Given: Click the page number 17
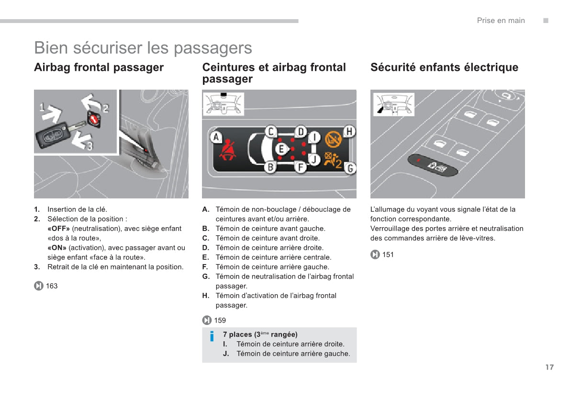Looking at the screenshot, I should point(549,367).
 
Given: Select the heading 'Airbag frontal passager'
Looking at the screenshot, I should point(99,68).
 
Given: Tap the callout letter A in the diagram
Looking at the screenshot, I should point(216,138).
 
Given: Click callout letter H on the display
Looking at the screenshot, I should point(349,131).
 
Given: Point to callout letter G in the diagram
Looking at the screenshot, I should point(350,168).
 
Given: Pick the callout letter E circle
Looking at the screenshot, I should point(281,150).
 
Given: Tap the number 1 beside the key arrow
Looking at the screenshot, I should point(42,107).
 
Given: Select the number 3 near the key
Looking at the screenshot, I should point(89,144).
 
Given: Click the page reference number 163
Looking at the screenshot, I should point(52,286).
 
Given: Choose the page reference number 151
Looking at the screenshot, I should point(388,255).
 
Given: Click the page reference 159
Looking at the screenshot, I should point(220,320).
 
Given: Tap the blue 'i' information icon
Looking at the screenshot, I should point(212,336).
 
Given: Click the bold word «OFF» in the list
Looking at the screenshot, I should point(58,229).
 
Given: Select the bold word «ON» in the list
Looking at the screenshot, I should point(57,248).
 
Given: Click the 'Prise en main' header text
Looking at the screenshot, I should point(501,20).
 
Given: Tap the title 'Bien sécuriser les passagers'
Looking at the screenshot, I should point(143,48).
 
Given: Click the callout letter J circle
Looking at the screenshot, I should point(314,160).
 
